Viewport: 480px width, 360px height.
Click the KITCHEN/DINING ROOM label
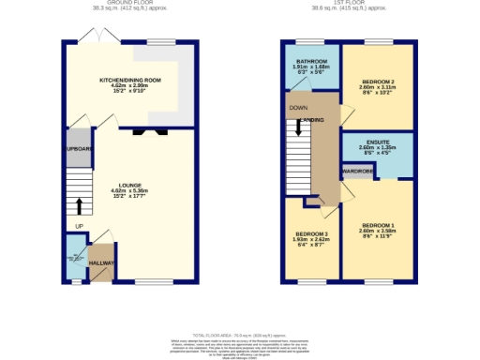(130, 82)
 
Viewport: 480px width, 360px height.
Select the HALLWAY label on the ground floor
(101, 264)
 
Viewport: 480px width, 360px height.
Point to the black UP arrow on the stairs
(79, 206)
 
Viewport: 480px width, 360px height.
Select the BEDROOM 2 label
(378, 82)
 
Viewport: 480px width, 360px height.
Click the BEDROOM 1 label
(378, 225)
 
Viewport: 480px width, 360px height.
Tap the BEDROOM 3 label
(312, 233)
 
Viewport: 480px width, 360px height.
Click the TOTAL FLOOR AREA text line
(239, 335)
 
